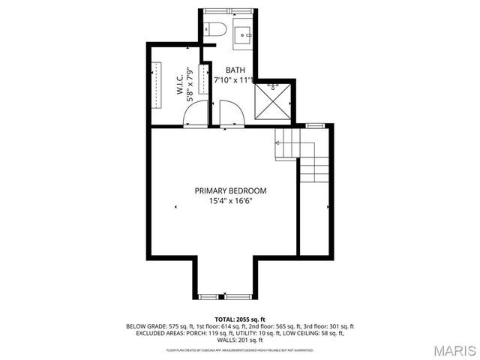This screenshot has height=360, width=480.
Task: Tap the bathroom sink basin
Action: coord(244,34)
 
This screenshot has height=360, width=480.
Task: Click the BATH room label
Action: coord(224,70)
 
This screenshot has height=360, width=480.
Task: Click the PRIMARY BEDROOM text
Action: coord(230,190)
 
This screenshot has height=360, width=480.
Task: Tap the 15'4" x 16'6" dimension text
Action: coord(230,200)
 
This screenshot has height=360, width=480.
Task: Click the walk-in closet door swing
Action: coord(195,115)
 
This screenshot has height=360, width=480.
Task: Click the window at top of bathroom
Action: coord(229,10)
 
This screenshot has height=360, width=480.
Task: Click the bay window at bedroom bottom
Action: coord(221,298)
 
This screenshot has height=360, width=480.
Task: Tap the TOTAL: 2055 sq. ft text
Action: coord(240,319)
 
